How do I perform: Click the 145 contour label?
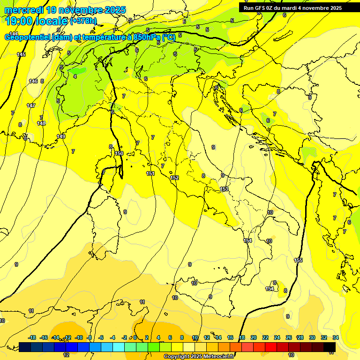21,55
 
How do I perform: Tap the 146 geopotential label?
33,82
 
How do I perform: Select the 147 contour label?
31,105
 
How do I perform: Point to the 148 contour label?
41,123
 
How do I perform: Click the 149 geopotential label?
61,136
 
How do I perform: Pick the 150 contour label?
119,153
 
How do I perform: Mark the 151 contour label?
150,174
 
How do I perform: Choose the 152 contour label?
174,178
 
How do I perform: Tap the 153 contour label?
224,189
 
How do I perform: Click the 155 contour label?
298,260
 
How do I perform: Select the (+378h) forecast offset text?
83,21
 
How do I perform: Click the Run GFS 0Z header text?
262,8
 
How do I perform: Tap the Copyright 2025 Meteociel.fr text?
199,356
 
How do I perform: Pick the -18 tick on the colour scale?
32,337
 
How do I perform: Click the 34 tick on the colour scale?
336,337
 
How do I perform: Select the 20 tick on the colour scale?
254,337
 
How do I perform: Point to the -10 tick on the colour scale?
79,337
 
